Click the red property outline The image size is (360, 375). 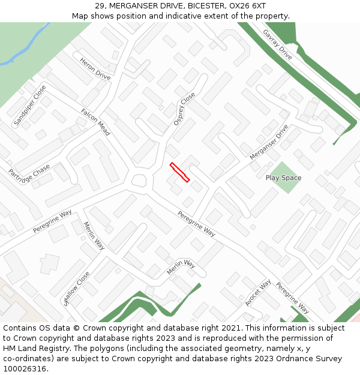pos(180,172)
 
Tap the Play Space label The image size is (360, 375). pos(283,178)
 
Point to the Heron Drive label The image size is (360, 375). pos(95,69)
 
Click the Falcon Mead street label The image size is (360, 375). pos(95,122)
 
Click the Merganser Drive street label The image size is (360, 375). pos(269,142)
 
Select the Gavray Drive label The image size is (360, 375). pos(277,44)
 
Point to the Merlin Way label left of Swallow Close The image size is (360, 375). pos(94,236)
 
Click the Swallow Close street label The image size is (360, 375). pos(76,289)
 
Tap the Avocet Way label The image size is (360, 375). pos(258,293)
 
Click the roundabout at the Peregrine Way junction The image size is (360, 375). pos(140,181)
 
